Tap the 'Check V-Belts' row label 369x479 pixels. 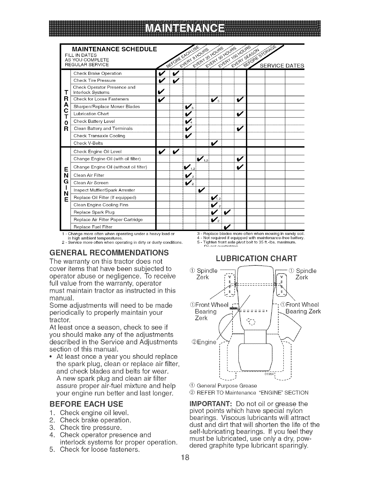[88, 143]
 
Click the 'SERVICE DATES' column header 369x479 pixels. [281, 66]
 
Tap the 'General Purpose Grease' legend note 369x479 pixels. [227, 386]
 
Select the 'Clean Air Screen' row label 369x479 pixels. [91, 183]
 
